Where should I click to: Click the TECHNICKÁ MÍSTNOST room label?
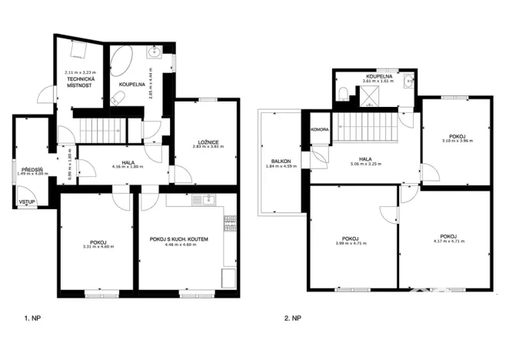coord(81,82)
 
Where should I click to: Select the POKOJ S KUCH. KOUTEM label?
coord(179,240)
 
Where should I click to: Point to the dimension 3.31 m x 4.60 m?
coord(97,246)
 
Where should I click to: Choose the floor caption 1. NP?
coord(32,316)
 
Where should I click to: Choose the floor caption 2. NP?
coord(293,316)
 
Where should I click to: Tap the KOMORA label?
coord(320,131)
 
